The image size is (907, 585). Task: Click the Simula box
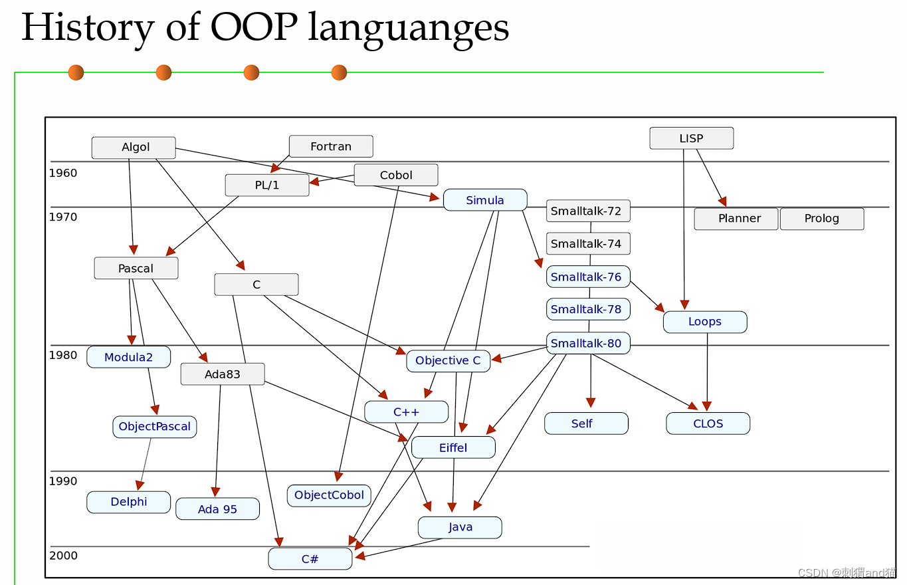(x=485, y=200)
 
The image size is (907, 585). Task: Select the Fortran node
(x=331, y=146)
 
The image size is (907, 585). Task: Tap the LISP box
(x=691, y=138)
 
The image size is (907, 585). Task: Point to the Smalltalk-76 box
(x=587, y=277)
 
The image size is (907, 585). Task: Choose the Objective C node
(x=448, y=360)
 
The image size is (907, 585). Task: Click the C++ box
(x=406, y=412)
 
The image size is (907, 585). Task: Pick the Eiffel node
(x=453, y=447)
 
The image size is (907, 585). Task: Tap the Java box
(x=460, y=527)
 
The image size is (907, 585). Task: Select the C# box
(x=310, y=559)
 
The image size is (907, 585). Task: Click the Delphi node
(x=129, y=502)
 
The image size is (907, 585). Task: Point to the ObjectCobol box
(x=329, y=495)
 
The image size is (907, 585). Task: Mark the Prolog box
(x=822, y=219)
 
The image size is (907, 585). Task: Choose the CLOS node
(x=708, y=423)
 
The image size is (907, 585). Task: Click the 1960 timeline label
(x=63, y=174)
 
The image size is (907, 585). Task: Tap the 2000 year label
(x=63, y=556)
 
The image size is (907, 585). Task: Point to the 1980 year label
(x=63, y=355)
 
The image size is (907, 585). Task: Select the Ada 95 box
(x=217, y=510)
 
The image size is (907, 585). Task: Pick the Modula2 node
(x=128, y=357)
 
